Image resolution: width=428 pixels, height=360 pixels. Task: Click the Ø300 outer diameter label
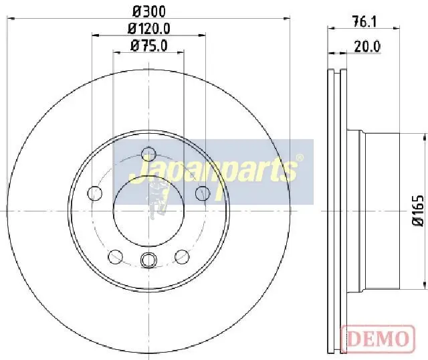(x=149, y=11)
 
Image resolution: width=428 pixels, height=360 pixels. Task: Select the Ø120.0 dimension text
(x=149, y=28)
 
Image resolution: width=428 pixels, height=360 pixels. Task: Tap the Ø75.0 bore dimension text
(x=148, y=46)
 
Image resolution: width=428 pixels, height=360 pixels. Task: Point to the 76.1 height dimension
(x=364, y=21)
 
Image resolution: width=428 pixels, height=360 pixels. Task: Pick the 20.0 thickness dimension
(x=367, y=46)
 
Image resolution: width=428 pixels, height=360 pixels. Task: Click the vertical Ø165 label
(x=417, y=210)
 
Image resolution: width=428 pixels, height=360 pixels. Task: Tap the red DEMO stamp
(x=378, y=339)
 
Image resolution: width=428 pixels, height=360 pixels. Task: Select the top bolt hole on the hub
(x=148, y=154)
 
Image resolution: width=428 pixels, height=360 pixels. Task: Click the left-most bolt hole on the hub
(x=95, y=193)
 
